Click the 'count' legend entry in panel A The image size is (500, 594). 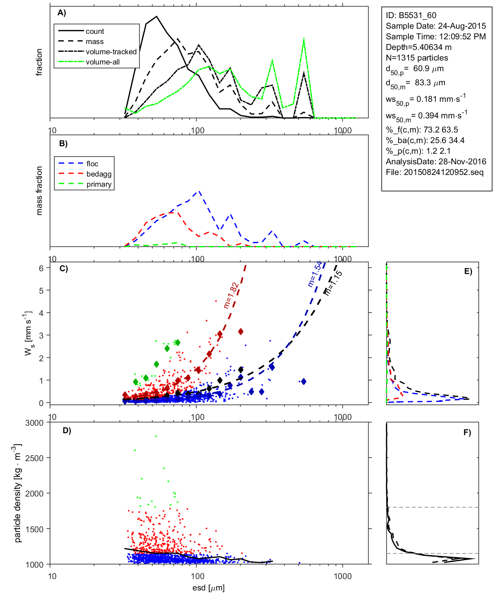[x=94, y=31]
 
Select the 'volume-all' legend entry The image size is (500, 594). [x=102, y=62]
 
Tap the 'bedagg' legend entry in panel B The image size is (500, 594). [x=99, y=174]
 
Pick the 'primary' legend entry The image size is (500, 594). [x=99, y=184]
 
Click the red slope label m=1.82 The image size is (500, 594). [x=231, y=295]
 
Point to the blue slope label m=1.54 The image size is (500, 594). [x=315, y=274]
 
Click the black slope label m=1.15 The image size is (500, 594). [x=333, y=282]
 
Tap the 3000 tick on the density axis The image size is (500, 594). [x=34, y=423]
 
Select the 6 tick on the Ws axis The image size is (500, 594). [x=41, y=268]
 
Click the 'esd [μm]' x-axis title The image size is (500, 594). [x=208, y=588]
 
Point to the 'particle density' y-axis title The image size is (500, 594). [x=17, y=493]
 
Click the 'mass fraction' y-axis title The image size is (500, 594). [x=39, y=191]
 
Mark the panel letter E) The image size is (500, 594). [x=468, y=271]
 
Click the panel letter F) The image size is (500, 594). [x=467, y=432]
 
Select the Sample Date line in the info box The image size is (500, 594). [x=435, y=26]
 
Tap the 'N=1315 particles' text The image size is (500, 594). [x=417, y=58]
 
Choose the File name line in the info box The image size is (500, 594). [x=434, y=172]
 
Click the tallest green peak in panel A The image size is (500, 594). [x=304, y=39]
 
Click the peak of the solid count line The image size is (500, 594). [x=157, y=17]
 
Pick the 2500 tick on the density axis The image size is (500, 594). [x=34, y=458]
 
